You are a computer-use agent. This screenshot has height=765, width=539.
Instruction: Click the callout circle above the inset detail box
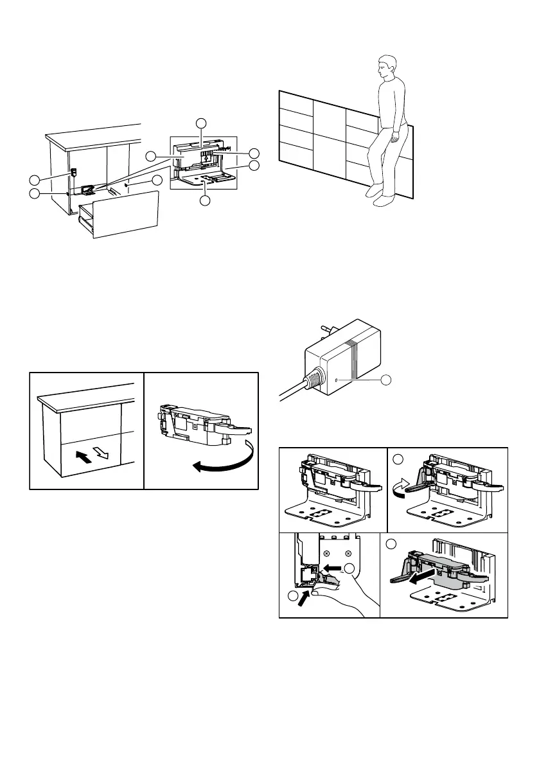coord(202,122)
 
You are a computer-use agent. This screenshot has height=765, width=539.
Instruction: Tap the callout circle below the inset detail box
coord(204,201)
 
